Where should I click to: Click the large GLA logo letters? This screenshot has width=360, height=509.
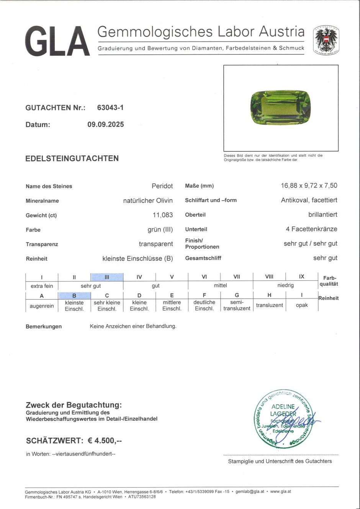coord(57,41)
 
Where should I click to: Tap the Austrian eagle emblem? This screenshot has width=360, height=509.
coord(326,40)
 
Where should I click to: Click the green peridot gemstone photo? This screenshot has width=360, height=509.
coord(280,108)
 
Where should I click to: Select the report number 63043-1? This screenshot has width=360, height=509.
coord(110,108)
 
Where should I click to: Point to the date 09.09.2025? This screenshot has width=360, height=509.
coord(106,124)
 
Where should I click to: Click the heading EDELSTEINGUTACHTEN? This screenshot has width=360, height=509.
coord(72,158)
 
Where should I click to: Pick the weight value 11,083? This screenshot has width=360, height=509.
coord(163,215)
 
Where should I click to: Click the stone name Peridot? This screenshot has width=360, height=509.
coord(162,186)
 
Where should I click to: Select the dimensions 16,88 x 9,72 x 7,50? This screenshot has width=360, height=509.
coord(309,185)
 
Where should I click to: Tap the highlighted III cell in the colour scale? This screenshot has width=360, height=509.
coord(107,277)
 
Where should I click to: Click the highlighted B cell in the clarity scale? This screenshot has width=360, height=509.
coord(74,295)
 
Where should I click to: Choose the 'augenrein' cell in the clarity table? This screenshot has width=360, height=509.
coord(42,306)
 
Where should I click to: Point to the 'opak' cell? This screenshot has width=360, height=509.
coord(302,305)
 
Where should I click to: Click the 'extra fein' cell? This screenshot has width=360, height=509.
coord(42,286)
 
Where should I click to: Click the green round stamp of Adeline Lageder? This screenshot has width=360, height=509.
coord(283,419)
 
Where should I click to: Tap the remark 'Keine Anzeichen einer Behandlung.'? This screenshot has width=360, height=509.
coord(133,326)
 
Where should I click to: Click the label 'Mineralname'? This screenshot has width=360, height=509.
coord(42,201)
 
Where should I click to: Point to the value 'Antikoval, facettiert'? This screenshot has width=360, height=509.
coord(309,200)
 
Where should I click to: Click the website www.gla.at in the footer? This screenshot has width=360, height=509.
coord(280,491)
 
